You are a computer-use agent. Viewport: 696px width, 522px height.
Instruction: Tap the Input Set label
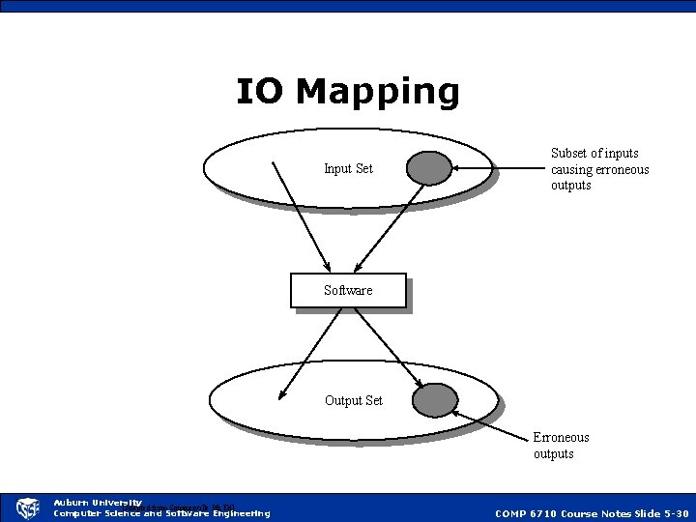[348, 169]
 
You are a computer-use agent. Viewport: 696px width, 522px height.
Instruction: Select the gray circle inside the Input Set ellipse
[429, 168]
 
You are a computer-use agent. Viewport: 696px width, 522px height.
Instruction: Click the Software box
[348, 290]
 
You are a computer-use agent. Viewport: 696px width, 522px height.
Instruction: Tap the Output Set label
[354, 400]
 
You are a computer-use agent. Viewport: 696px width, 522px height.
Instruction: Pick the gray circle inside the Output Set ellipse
[435, 399]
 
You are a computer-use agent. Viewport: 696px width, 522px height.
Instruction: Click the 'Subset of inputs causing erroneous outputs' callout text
[599, 169]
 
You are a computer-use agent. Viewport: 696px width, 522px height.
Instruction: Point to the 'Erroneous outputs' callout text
[561, 446]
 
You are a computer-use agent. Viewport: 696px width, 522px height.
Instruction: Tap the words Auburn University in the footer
[97, 503]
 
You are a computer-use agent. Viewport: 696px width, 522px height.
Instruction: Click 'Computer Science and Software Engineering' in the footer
[161, 513]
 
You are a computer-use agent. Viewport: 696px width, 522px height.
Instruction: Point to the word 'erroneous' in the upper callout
[621, 169]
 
